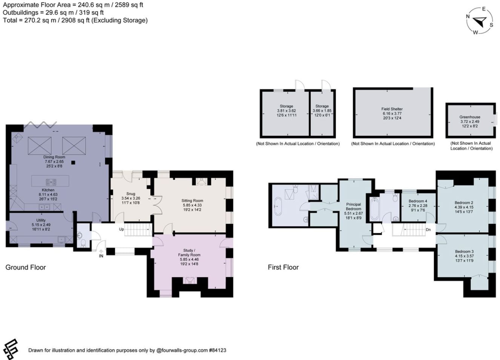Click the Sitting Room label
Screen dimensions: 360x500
coord(192,201)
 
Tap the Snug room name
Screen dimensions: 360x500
coord(130,194)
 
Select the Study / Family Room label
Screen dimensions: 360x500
coord(189,253)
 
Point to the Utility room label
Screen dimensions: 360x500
coord(41,220)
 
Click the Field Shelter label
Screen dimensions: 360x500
coord(392,109)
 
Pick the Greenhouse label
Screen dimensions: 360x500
coord(469,117)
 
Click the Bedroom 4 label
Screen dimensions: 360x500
coord(418,201)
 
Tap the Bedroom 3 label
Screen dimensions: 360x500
coord(464,251)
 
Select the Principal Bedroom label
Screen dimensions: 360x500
coord(353,207)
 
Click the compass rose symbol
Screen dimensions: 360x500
coord(479,21)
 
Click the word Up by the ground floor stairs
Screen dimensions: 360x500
coord(121,229)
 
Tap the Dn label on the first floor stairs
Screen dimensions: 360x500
coord(428,230)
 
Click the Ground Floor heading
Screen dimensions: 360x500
coord(26,267)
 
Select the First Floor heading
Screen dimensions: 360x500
coord(283,267)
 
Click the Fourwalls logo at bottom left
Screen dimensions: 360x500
coord(11,349)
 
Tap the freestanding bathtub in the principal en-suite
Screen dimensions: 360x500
coord(278,206)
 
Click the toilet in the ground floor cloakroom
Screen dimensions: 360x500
coord(83,244)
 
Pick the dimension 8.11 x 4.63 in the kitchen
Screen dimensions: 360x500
coord(48,195)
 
